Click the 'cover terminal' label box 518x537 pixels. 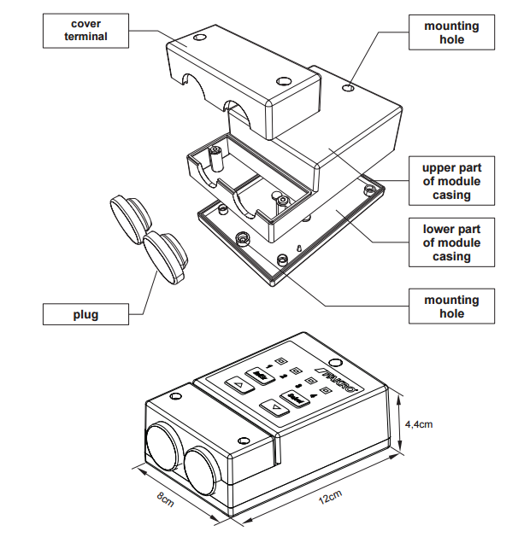pos(85,31)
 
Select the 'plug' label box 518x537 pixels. pos(85,314)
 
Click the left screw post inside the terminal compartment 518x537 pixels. pos(215,154)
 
